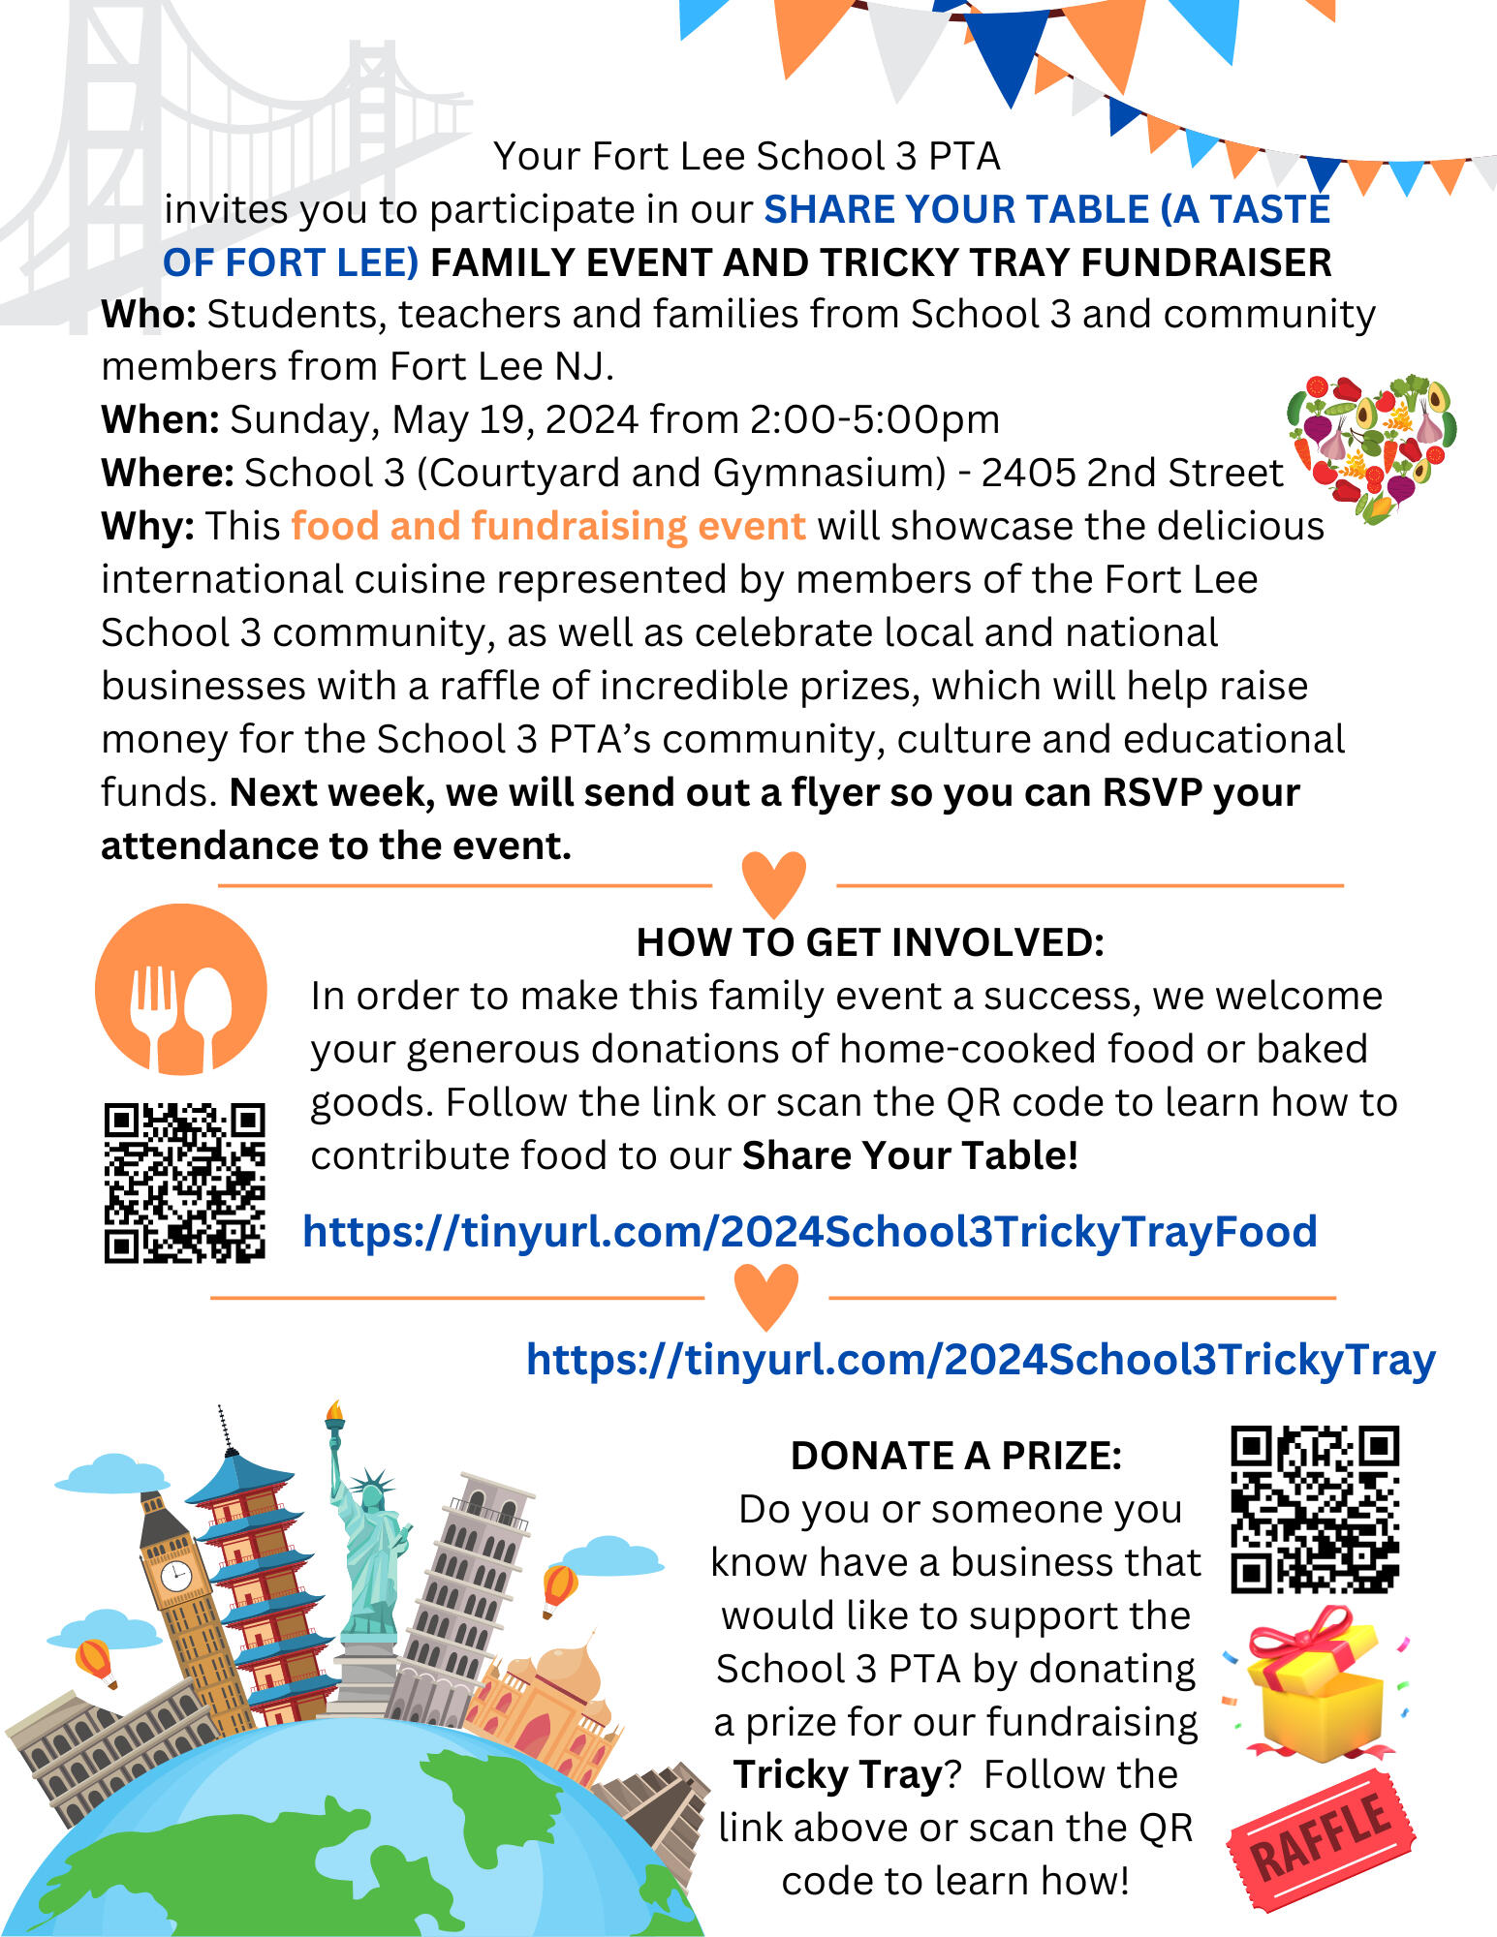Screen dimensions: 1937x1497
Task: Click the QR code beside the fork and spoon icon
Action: point(184,1183)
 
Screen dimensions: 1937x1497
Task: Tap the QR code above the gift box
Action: point(1315,1509)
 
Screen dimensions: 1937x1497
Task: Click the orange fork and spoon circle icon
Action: point(181,989)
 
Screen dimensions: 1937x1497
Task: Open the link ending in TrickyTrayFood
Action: point(809,1232)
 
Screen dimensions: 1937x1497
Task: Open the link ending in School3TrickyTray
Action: point(980,1359)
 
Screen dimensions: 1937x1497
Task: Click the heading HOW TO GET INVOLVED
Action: point(869,942)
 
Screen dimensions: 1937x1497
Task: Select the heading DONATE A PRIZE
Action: point(955,1456)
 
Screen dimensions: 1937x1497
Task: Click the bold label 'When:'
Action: point(161,420)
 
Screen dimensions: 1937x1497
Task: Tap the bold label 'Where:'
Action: point(167,474)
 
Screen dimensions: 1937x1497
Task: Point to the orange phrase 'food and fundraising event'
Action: point(547,526)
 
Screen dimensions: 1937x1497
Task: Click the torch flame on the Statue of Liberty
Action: point(335,1410)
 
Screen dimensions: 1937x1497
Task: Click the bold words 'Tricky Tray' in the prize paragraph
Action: point(838,1775)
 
